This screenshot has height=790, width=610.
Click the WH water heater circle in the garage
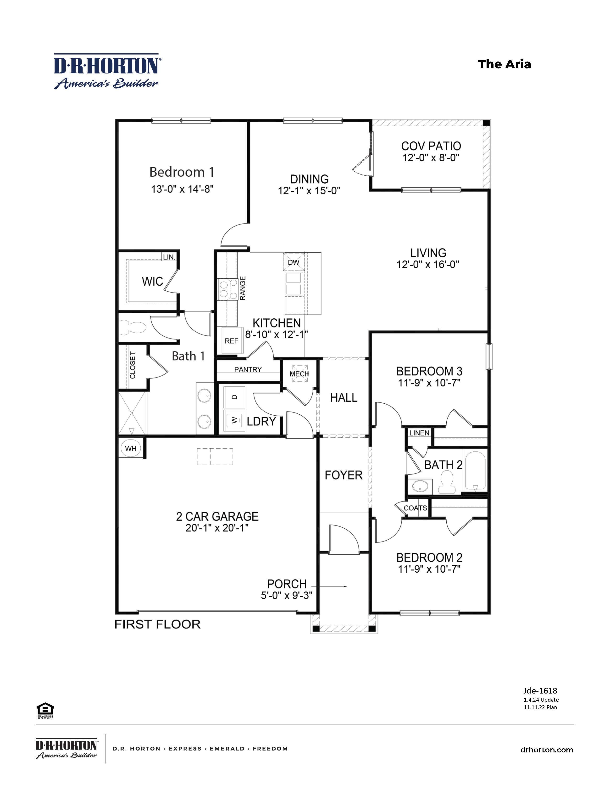(130, 449)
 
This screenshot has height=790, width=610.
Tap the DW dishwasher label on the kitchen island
(294, 262)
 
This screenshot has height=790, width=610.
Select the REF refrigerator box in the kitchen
(231, 341)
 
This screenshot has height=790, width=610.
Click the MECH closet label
(299, 374)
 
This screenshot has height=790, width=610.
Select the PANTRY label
(248, 369)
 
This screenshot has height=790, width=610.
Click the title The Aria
(505, 64)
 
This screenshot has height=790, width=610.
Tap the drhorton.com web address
(547, 750)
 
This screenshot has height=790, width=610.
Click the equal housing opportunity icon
(45, 709)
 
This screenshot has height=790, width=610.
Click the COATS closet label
(415, 508)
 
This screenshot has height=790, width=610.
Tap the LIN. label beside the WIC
(169, 257)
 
